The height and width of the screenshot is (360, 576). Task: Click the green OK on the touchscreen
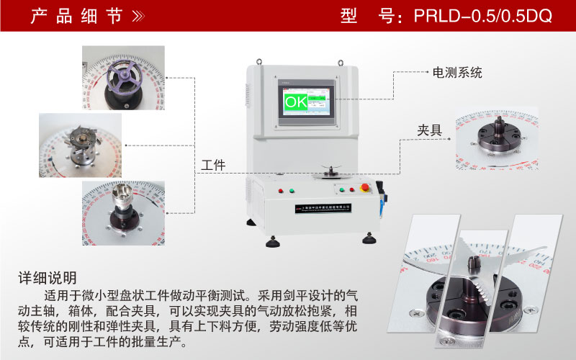point(295,102)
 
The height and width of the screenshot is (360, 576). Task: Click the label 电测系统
point(456,73)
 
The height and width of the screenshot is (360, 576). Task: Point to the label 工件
point(214,165)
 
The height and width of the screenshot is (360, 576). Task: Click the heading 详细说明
point(48,278)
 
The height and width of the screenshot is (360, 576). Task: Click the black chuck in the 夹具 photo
point(497,137)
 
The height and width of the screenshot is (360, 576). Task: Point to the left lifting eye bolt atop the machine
point(262,61)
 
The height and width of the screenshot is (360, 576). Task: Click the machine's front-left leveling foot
point(273,241)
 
